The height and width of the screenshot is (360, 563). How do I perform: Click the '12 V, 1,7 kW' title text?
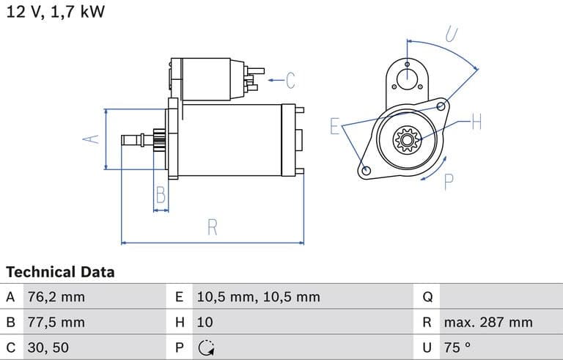(56, 12)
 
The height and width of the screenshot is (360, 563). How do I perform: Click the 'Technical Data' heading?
(60, 272)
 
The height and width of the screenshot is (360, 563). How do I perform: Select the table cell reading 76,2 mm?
(55, 297)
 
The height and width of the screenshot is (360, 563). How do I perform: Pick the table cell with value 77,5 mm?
(55, 322)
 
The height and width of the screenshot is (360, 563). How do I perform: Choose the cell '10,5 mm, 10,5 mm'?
(258, 297)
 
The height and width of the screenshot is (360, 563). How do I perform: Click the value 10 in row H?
(205, 322)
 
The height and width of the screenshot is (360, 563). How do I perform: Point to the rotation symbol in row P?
(206, 348)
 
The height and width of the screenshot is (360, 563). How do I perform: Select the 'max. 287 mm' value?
(487, 322)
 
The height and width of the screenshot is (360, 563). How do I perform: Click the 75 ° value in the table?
(457, 347)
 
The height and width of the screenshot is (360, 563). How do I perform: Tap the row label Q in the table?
(428, 297)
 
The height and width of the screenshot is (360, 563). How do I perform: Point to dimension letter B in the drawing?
(161, 196)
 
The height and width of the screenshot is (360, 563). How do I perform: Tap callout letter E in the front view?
(334, 126)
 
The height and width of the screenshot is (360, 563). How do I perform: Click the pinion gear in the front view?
(405, 139)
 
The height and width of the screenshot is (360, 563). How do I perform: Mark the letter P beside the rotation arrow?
(449, 181)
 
